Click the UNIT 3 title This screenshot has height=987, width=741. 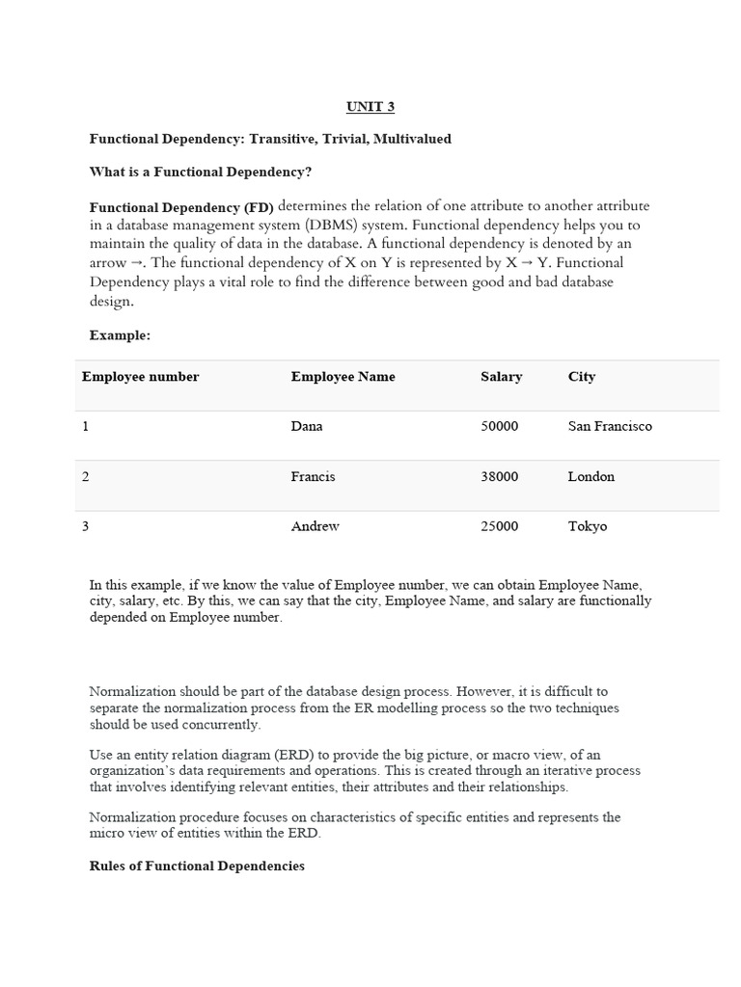(370, 106)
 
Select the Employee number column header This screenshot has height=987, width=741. (140, 377)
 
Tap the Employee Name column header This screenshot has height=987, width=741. (343, 377)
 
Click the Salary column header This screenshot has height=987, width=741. (501, 377)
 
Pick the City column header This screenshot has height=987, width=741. (582, 377)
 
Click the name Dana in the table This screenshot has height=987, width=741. (307, 426)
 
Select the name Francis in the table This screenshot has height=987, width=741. (313, 476)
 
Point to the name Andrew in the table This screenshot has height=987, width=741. (315, 526)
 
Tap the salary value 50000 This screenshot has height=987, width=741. (499, 426)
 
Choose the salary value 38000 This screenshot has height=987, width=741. (499, 476)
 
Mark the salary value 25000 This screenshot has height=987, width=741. (499, 526)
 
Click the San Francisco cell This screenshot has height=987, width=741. (610, 426)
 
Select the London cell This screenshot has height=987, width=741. (590, 476)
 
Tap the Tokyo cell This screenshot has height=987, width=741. (588, 526)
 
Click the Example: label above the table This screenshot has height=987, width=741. (120, 335)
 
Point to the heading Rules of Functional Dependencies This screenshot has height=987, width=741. (197, 866)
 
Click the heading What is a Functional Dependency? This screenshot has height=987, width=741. (201, 172)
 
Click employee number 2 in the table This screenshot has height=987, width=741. (86, 476)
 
